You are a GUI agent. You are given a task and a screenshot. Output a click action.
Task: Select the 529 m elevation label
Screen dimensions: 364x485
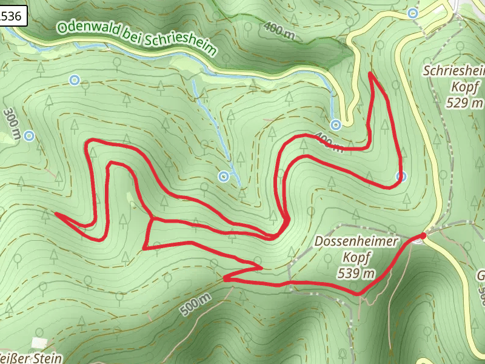coord(465,103)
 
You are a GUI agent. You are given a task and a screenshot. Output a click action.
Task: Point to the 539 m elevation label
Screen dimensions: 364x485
coord(356,273)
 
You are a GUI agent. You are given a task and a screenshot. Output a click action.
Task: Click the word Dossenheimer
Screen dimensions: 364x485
coord(356,241)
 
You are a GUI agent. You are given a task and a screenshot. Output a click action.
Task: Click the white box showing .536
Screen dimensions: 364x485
coord(12,17)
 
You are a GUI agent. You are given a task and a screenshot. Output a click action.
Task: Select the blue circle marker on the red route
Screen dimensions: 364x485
coord(401,177)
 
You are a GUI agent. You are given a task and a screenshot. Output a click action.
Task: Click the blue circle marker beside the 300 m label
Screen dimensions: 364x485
coord(28,135)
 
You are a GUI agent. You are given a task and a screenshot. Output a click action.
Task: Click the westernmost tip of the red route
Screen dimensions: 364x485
coord(56,214)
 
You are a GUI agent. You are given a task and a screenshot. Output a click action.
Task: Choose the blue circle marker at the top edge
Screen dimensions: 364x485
coord(413,13)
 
